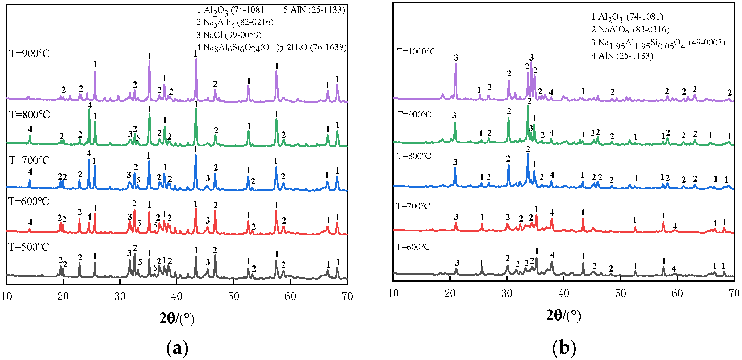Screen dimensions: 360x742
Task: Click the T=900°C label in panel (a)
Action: click(x=29, y=54)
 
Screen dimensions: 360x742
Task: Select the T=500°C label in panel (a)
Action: click(x=29, y=247)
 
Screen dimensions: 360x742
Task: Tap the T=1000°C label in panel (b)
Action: click(x=416, y=52)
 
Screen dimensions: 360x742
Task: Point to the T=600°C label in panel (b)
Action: click(x=413, y=247)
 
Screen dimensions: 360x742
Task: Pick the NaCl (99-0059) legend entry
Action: click(x=229, y=35)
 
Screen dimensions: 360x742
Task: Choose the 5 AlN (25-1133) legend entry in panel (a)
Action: click(x=314, y=10)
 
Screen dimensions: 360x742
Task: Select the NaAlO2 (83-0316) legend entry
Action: click(x=630, y=30)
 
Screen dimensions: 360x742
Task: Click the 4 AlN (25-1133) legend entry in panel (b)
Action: click(x=622, y=56)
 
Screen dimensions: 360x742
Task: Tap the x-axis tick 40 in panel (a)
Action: click(x=177, y=296)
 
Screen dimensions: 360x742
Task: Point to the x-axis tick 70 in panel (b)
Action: click(x=734, y=293)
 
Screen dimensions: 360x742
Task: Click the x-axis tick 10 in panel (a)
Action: click(x=6, y=296)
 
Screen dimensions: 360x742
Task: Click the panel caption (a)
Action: click(x=177, y=348)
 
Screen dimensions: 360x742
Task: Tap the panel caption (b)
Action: click(x=564, y=348)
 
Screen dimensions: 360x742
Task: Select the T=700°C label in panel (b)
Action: click(x=413, y=206)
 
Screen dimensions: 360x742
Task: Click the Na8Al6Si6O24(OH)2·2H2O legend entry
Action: click(x=271, y=47)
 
